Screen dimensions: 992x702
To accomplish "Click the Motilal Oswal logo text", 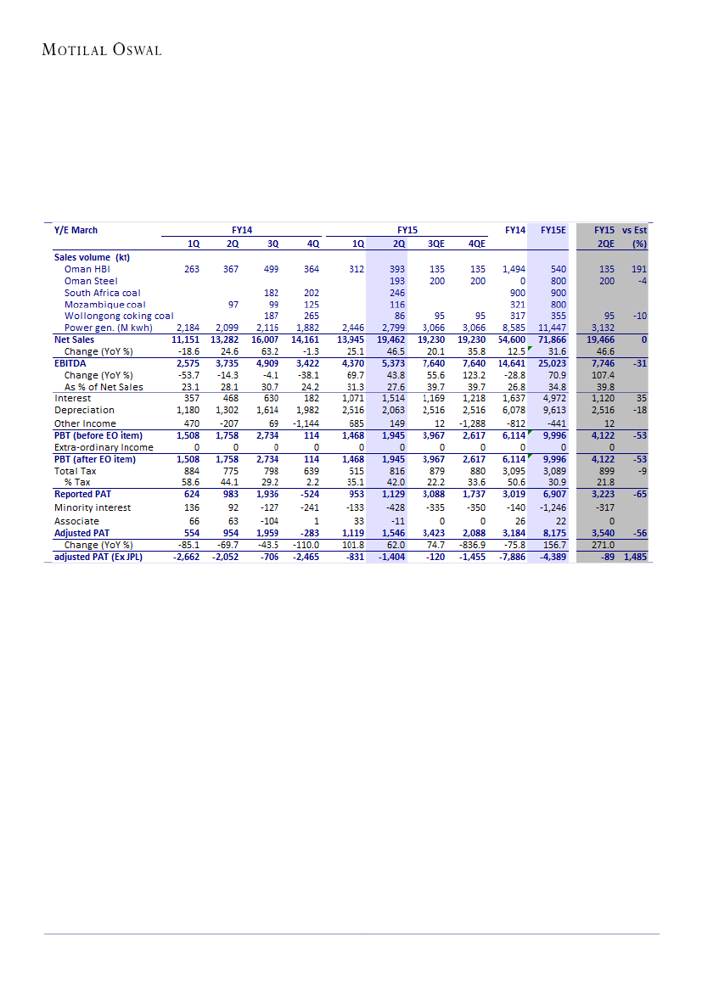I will pos(102,50).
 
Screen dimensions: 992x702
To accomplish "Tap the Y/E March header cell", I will pos(76,230).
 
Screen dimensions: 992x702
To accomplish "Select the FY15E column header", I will pos(553,230).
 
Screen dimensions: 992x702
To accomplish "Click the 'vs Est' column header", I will pos(633,230).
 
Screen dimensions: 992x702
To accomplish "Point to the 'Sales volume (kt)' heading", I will pos(93,256).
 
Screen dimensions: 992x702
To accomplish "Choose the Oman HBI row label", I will pos(87,269).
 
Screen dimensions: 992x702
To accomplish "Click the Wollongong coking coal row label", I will pos(119,316).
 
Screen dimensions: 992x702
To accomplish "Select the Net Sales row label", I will pos(75,339).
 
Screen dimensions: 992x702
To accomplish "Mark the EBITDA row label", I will pos(70,363).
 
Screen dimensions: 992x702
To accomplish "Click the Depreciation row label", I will pos(84,410).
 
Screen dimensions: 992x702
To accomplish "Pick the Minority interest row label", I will pos(92,508).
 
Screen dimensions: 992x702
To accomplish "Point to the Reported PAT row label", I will pos(82,494).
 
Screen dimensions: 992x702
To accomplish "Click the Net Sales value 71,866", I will pos(553,339).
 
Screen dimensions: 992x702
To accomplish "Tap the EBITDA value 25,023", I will pos(553,363).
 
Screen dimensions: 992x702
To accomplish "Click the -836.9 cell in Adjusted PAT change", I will pos(472,545).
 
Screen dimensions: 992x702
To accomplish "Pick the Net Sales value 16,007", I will pos(266,339).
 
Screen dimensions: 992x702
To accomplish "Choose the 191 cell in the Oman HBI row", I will pos(638,269).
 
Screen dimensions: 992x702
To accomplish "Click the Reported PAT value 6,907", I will pos(554,494).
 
